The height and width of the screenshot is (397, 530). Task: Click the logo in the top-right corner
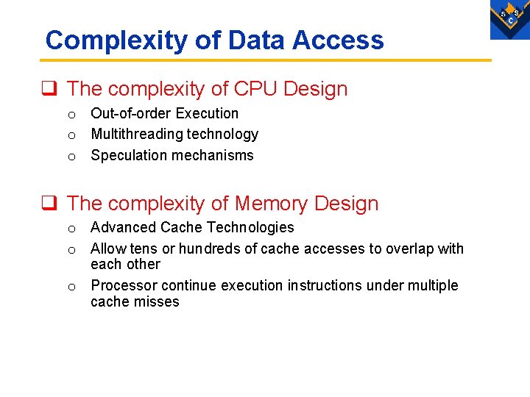click(509, 18)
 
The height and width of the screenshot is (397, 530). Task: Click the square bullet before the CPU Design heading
click(51, 90)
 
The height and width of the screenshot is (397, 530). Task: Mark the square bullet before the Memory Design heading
click(51, 204)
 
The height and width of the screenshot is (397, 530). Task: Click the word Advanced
click(123, 227)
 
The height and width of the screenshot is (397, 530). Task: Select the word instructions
click(325, 285)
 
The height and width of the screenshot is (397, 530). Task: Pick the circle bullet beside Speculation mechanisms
click(71, 156)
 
